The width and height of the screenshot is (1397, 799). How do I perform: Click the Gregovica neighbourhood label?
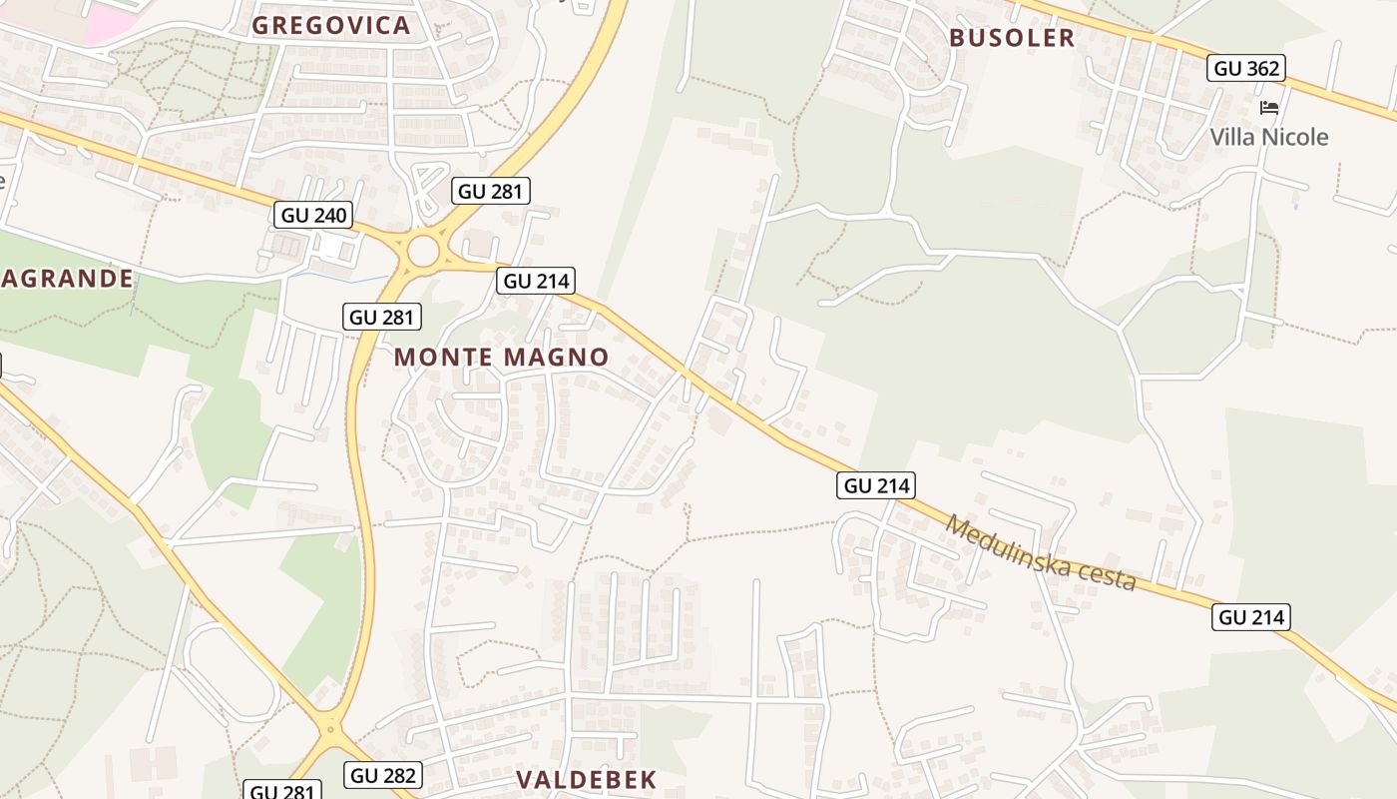[x=331, y=25]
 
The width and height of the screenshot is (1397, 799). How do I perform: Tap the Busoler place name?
[x=1012, y=38]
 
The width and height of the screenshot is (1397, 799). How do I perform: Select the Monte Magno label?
[x=501, y=357]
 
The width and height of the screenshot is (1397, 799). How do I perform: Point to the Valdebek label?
[x=587, y=780]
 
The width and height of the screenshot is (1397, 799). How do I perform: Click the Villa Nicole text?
[x=1269, y=137]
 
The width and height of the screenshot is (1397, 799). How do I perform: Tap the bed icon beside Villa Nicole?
[x=1269, y=107]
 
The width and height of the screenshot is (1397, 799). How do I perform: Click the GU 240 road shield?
[x=313, y=215]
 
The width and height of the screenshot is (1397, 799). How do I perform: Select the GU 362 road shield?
[x=1245, y=68]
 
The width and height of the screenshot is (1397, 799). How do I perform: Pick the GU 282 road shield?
[x=383, y=775]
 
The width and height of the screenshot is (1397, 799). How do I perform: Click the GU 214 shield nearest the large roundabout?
[x=537, y=281]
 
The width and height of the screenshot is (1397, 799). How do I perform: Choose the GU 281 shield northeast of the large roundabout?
[x=490, y=191]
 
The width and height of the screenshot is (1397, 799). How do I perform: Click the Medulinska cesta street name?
[x=1041, y=552]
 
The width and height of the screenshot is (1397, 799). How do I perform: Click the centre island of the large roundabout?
[x=423, y=251]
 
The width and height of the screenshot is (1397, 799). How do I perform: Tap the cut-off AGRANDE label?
[x=67, y=278]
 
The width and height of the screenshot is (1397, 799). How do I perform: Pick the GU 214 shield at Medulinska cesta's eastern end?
[x=1251, y=617]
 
